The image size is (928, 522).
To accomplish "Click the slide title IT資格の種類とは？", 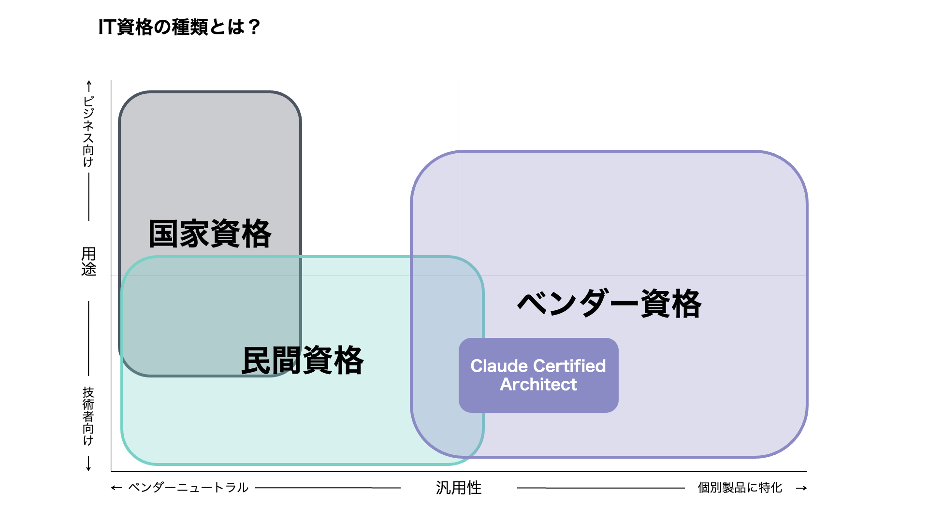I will [179, 27].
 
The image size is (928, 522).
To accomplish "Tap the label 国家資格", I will [210, 234].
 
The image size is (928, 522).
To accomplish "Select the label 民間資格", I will [302, 361].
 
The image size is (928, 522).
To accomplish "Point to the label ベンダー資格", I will [609, 304].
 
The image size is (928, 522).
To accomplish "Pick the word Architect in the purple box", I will [538, 385].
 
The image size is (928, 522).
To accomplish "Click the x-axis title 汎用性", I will [459, 488].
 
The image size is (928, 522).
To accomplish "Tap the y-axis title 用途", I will [88, 261].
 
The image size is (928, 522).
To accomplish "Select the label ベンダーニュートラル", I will [188, 488].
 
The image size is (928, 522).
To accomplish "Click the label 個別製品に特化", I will [739, 488].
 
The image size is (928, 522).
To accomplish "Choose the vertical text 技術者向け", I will [88, 416].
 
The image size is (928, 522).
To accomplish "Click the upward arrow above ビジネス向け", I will [88, 86].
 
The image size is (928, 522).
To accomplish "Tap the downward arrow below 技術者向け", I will [88, 464].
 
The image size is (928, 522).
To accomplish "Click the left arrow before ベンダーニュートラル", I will [116, 488].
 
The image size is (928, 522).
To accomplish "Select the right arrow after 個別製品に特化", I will [801, 488].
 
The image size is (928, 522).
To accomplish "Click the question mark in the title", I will [254, 27].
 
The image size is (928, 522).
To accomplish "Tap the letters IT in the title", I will [106, 27].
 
